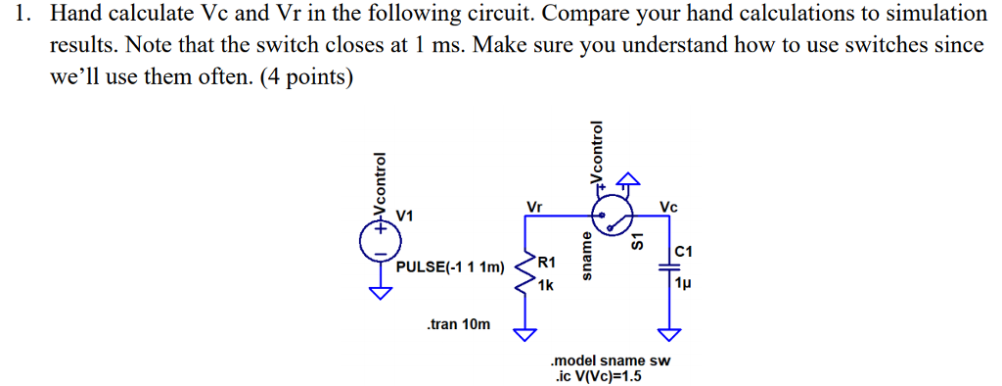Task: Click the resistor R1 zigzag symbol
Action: click(x=526, y=274)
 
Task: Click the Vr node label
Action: click(x=534, y=207)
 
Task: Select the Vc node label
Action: click(x=669, y=207)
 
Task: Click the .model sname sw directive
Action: click(x=612, y=361)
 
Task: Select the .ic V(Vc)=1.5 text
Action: click(x=598, y=375)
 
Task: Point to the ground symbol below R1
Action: click(x=526, y=334)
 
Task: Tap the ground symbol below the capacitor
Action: click(x=669, y=334)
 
